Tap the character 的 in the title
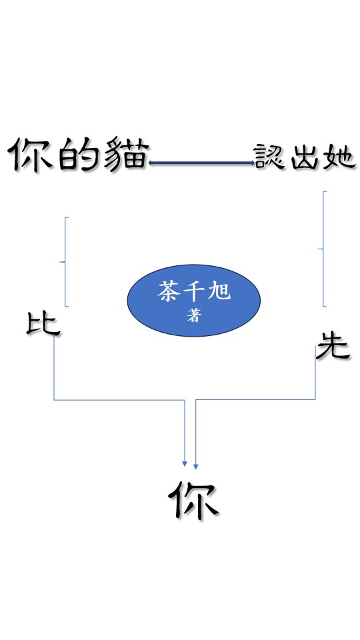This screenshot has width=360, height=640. [78, 155]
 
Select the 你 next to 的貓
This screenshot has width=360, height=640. [31, 155]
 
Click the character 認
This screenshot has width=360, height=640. [269, 156]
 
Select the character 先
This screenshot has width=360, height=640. [333, 345]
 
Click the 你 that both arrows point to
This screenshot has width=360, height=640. [193, 501]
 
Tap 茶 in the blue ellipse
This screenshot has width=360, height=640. [169, 291]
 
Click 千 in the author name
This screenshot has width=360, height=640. [194, 291]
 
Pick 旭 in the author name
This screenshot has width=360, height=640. [219, 291]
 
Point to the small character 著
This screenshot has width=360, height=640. [194, 315]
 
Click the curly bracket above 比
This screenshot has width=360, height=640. [65, 261]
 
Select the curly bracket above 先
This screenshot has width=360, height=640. [323, 249]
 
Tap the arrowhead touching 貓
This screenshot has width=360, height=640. [150, 163]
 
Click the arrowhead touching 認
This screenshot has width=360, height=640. [253, 163]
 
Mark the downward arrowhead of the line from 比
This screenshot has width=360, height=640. [185, 464]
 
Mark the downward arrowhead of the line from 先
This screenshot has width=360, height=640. [196, 466]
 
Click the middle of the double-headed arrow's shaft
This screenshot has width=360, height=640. [201, 163]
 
